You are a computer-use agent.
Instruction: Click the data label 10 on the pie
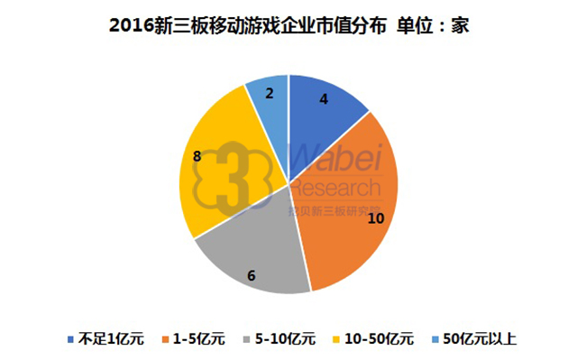coord(351,217)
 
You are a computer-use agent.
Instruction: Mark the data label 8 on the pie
coord(197,156)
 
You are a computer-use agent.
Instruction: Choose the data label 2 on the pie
coord(270,92)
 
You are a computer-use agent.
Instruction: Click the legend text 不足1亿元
coord(108,339)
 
